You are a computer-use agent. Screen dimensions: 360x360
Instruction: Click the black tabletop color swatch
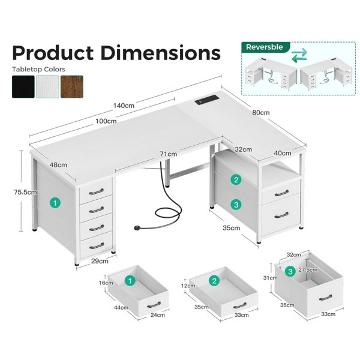tap(23, 87)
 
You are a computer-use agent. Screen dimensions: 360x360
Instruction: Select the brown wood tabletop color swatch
tap(72, 87)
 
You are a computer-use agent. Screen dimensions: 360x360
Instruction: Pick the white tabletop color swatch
tap(47, 87)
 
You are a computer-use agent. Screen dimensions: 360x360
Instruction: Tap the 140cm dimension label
tap(124, 106)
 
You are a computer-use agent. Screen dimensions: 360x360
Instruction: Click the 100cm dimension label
tap(106, 121)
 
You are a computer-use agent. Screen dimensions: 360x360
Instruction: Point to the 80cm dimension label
tap(261, 113)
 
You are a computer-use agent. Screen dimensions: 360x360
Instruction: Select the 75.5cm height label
tap(25, 192)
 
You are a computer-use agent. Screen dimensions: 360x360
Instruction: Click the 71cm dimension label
tap(169, 154)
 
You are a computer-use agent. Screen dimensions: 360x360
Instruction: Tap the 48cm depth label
tap(58, 165)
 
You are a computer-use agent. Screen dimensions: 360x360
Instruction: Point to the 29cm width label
tap(100, 261)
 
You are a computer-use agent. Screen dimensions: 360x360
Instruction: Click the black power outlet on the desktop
tap(206, 100)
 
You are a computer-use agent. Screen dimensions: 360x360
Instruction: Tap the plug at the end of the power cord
tap(138, 228)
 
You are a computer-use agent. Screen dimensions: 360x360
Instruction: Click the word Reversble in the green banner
tap(264, 47)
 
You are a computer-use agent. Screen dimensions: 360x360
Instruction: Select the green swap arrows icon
tap(299, 55)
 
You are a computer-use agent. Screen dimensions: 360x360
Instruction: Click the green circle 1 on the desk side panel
tap(55, 203)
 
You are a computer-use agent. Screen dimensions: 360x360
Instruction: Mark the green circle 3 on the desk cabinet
tap(236, 205)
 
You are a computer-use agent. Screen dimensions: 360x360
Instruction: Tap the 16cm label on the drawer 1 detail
tap(106, 283)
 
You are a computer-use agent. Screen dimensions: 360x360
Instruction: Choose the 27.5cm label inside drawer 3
tap(308, 270)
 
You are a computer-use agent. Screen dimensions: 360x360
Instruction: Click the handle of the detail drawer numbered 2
tap(239, 305)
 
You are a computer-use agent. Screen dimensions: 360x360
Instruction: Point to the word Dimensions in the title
tap(160, 53)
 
